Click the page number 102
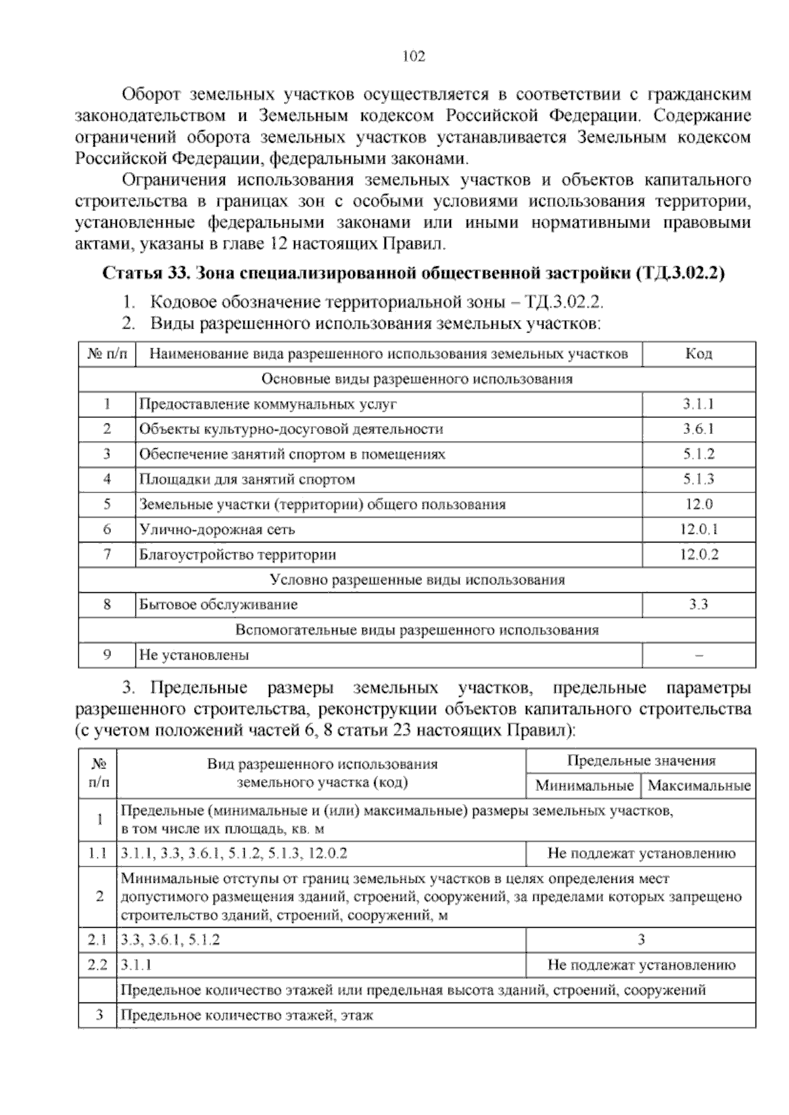pos(414,56)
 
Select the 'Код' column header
pos(698,354)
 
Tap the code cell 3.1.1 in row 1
pos(698,404)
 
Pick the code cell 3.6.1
pos(698,429)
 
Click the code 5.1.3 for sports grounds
pos(698,479)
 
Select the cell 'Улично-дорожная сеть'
pos(217,529)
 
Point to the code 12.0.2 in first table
pos(699,554)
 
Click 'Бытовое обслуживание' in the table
pos(218,604)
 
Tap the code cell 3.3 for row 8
pos(698,604)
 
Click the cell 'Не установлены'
pos(194,655)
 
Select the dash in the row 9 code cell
pos(698,655)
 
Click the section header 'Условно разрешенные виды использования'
pos(417,580)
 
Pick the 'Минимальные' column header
pos(584,786)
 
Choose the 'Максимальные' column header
pos(699,786)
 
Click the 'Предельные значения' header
pos(640,761)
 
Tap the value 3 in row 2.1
pos(641,940)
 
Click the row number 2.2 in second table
pos(97,965)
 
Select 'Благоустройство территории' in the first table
pos(237,554)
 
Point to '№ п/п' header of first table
pos(107,354)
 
